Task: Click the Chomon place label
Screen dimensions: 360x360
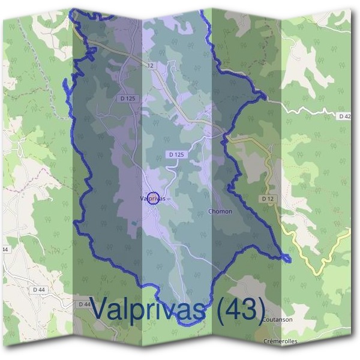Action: tap(219, 211)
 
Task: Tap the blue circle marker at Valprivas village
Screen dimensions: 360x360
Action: tap(153, 198)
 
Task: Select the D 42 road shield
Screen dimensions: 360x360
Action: tap(344, 116)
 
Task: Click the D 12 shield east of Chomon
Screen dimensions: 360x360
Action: tap(268, 198)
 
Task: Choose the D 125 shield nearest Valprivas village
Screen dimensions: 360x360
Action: tap(176, 154)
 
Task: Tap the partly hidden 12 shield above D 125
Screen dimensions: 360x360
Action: tap(149, 64)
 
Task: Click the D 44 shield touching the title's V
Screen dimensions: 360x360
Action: tap(85, 304)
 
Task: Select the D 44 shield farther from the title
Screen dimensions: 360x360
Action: tap(39, 289)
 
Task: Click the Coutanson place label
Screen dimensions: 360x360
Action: tap(278, 320)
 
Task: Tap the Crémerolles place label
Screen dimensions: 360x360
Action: tap(280, 341)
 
